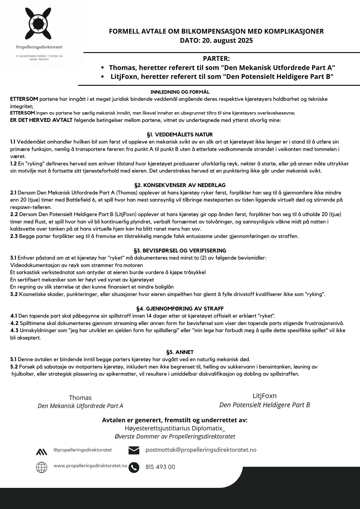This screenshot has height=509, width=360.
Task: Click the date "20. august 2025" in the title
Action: click(227, 40)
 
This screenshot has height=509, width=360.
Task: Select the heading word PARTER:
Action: click(216, 59)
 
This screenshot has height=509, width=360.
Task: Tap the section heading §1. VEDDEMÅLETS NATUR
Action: click(180, 134)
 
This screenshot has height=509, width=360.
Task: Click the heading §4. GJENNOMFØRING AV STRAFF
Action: click(180, 309)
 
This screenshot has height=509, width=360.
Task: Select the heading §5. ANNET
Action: click(180, 352)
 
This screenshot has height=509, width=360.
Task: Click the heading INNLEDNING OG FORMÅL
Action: click(180, 92)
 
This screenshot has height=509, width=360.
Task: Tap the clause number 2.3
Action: click(14, 236)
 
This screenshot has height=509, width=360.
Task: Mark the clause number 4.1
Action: click(14, 316)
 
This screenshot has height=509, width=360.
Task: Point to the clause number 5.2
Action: click(14, 367)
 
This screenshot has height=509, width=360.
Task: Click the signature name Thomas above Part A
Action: click(80, 398)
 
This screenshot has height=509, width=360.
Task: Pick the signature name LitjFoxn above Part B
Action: click(265, 396)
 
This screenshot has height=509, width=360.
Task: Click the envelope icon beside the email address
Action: click(134, 450)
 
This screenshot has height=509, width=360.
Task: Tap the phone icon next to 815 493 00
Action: click(134, 467)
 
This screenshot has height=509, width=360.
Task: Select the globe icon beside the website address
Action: click(41, 467)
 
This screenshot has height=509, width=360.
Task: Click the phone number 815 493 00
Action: click(160, 467)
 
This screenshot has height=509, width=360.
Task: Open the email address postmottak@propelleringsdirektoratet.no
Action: click(201, 450)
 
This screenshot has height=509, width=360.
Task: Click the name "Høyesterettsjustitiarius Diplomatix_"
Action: click(175, 428)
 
